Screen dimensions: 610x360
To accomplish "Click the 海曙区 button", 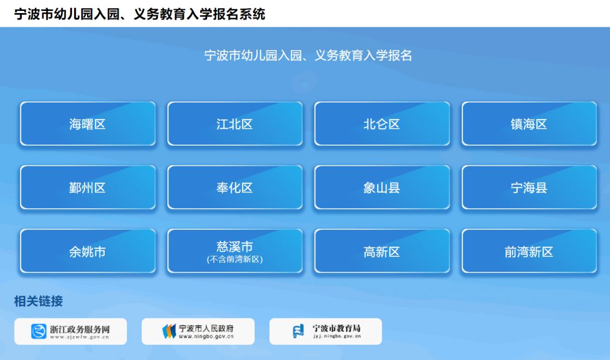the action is [x=88, y=124].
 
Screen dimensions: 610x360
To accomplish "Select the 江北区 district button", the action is [x=235, y=124].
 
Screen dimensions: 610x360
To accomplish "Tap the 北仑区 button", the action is [x=382, y=124].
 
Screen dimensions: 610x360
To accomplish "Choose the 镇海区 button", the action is [x=529, y=124].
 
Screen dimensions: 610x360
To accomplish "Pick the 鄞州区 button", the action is [x=88, y=188].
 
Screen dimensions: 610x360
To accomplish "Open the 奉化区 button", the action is [x=235, y=188].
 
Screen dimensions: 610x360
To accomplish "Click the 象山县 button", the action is [x=382, y=188].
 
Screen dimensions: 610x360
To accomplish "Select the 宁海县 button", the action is [x=529, y=188].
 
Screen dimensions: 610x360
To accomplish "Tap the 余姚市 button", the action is [x=88, y=251].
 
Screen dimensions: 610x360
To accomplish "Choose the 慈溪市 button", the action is [x=235, y=251].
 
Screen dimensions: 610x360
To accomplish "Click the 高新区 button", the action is [x=382, y=251].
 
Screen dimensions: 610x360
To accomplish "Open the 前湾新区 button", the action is [x=529, y=251].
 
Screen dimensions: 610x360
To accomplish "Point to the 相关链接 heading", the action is [x=39, y=301].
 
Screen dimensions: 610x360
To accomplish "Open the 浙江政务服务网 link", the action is [x=70, y=331].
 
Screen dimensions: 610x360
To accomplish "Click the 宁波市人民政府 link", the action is [x=198, y=331].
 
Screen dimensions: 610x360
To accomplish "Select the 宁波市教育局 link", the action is [x=325, y=331].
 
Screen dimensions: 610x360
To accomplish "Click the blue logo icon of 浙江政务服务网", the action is [x=39, y=332].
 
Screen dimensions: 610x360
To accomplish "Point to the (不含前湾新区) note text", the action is [x=235, y=259].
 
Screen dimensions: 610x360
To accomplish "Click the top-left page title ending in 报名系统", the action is [x=140, y=14].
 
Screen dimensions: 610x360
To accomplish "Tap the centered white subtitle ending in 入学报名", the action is [x=308, y=55].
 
